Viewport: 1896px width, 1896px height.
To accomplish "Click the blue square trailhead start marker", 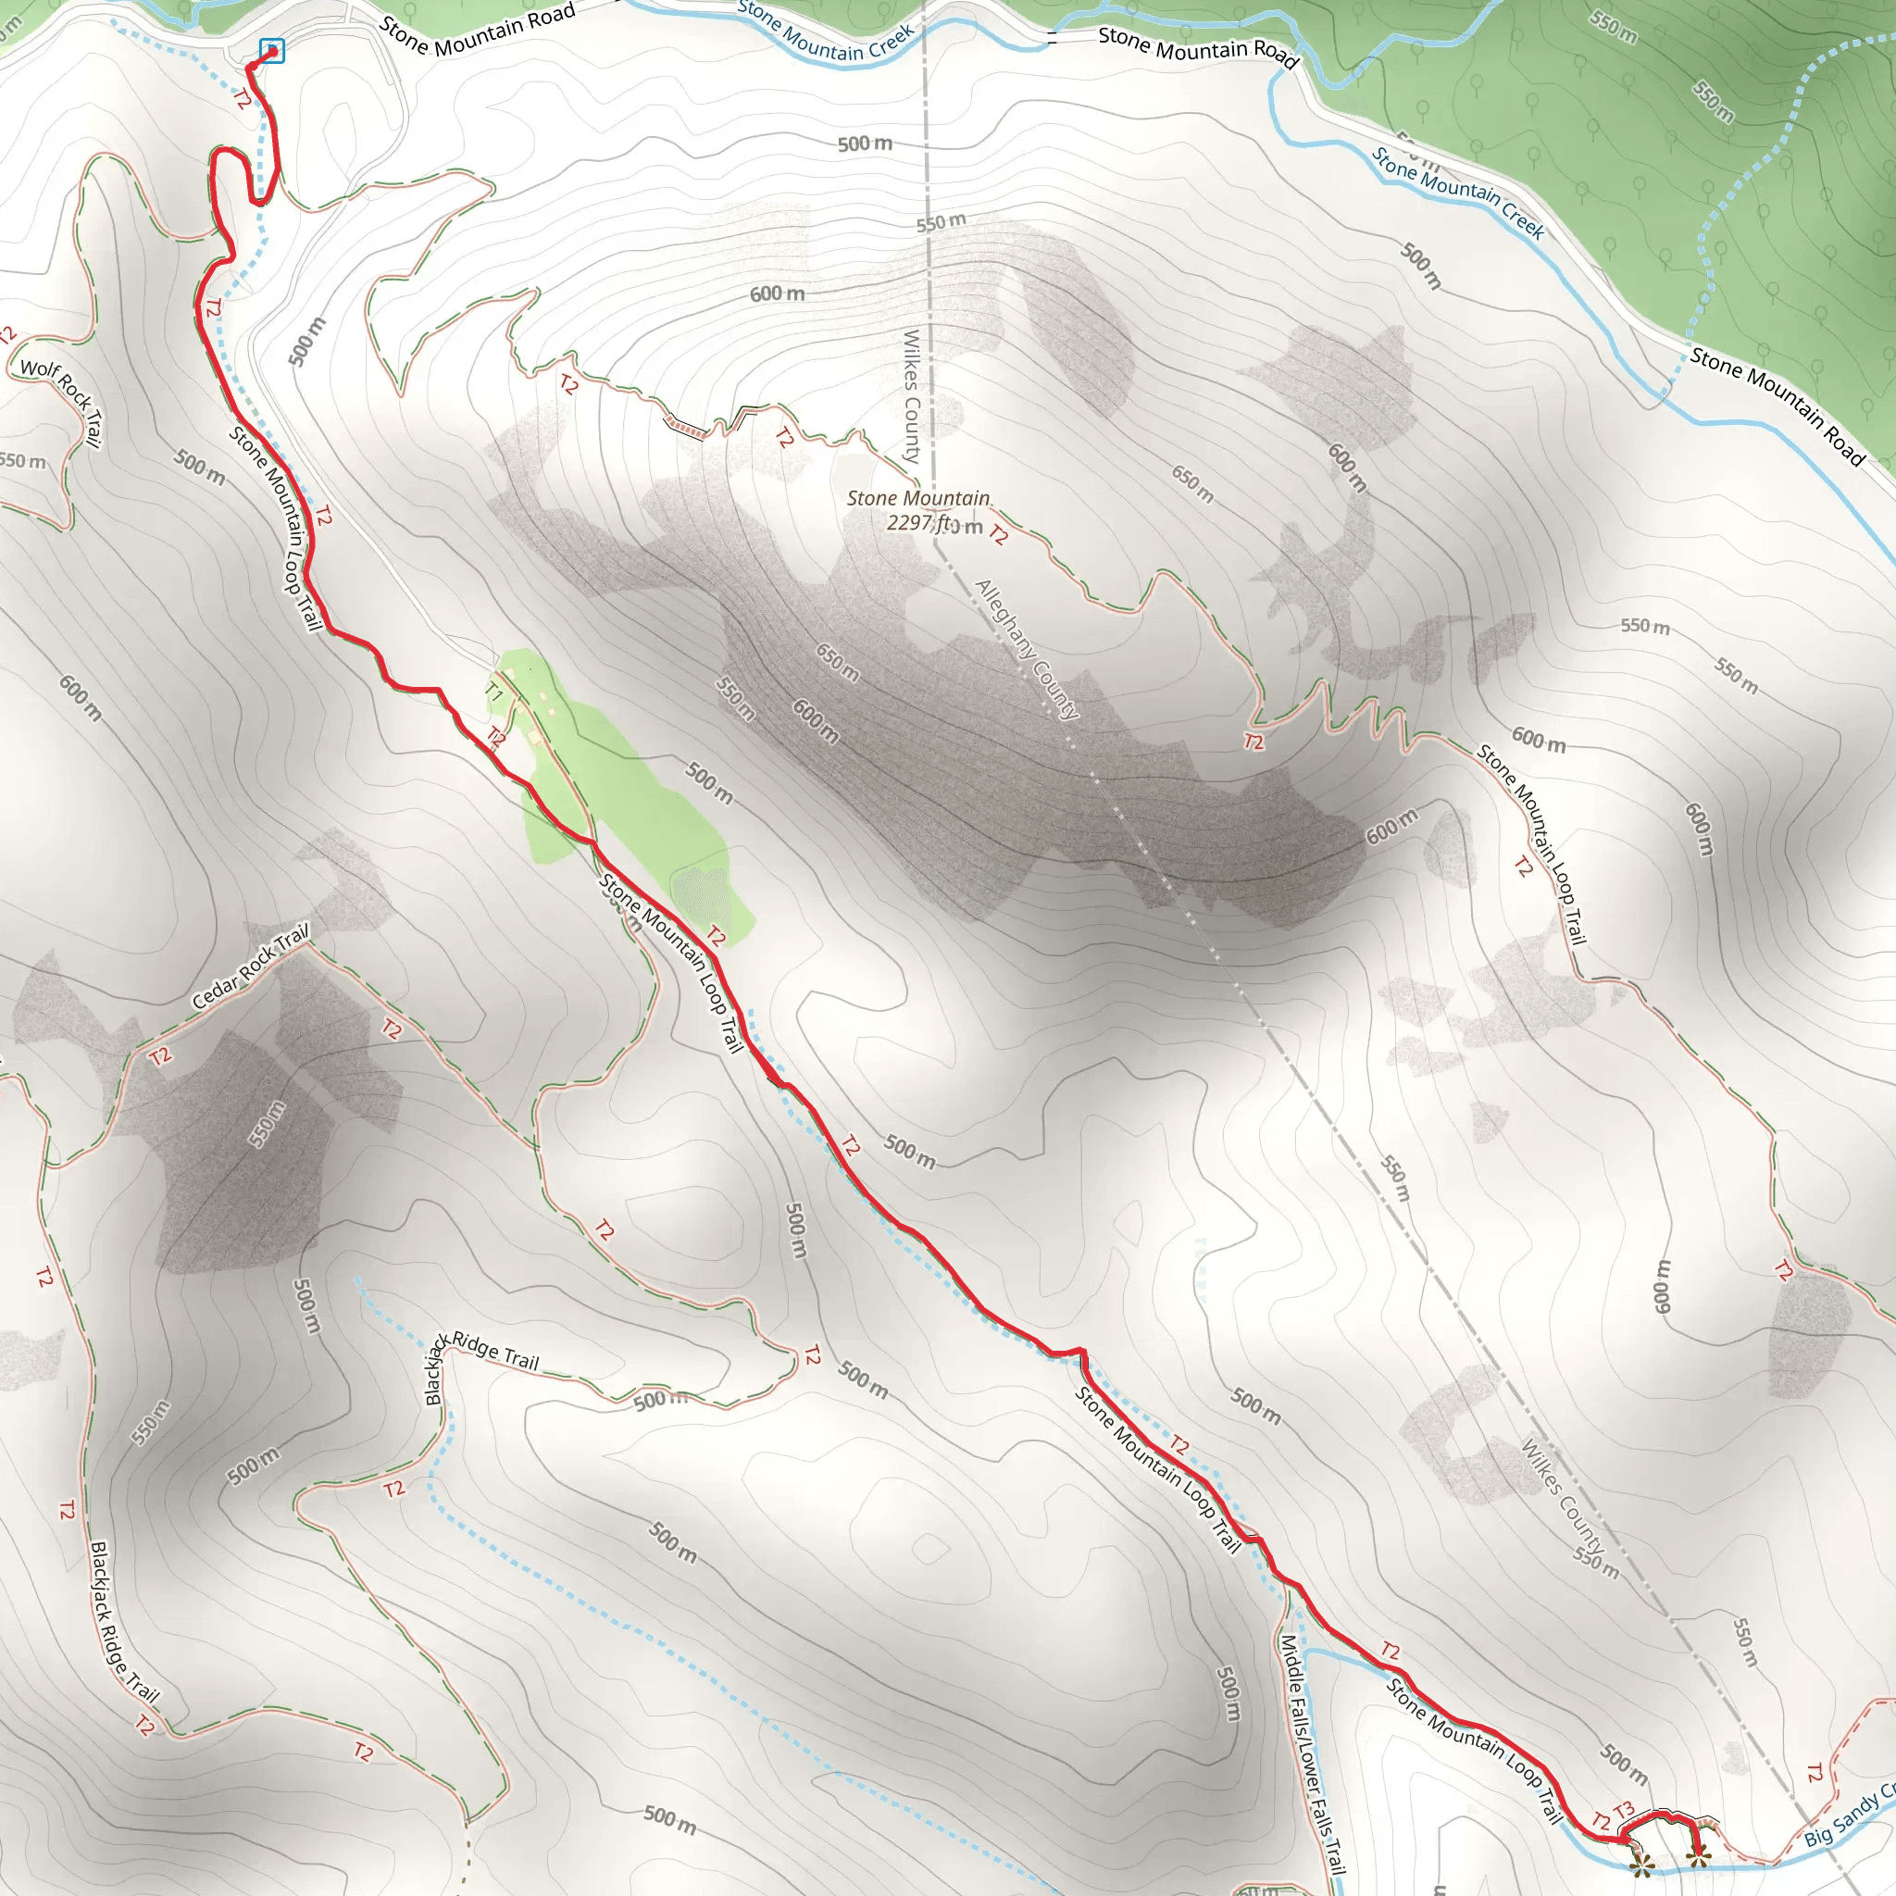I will coord(272,50).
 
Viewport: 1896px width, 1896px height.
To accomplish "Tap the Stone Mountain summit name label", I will coord(917,499).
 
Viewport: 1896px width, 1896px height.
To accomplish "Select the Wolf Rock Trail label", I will coord(62,400).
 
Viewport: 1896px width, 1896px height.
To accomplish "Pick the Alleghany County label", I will coord(1026,649).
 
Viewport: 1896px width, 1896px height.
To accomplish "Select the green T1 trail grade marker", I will coord(493,692).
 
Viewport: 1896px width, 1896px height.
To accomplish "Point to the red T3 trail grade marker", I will coord(1623,1809).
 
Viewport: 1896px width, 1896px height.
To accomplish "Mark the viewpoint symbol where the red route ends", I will coord(1697,1853).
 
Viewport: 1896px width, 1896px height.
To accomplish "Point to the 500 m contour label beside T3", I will coord(1624,1764).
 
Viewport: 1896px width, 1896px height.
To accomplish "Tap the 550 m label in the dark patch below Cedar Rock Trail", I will coord(266,1125).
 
